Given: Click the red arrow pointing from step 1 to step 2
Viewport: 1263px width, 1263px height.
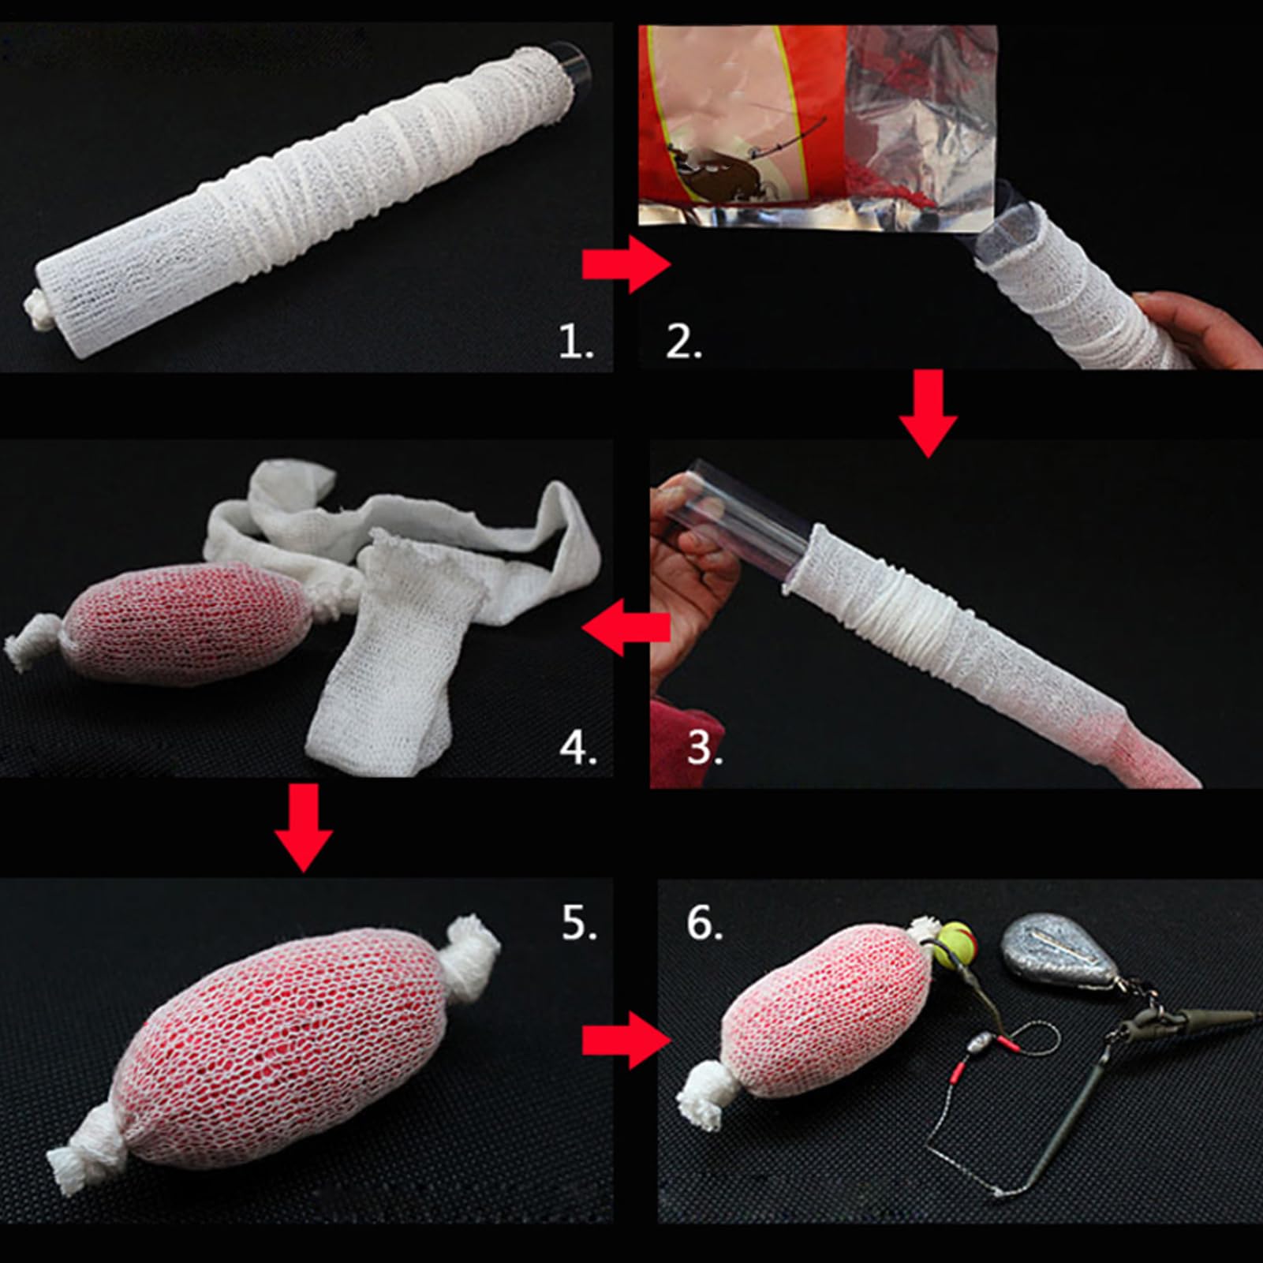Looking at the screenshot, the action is [x=626, y=265].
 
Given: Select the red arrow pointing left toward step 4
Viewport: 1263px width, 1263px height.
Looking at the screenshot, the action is [x=626, y=627].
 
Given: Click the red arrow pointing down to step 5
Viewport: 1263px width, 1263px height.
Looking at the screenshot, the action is [x=303, y=828].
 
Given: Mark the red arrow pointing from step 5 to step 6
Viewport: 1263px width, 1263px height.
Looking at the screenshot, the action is [x=626, y=1041].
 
